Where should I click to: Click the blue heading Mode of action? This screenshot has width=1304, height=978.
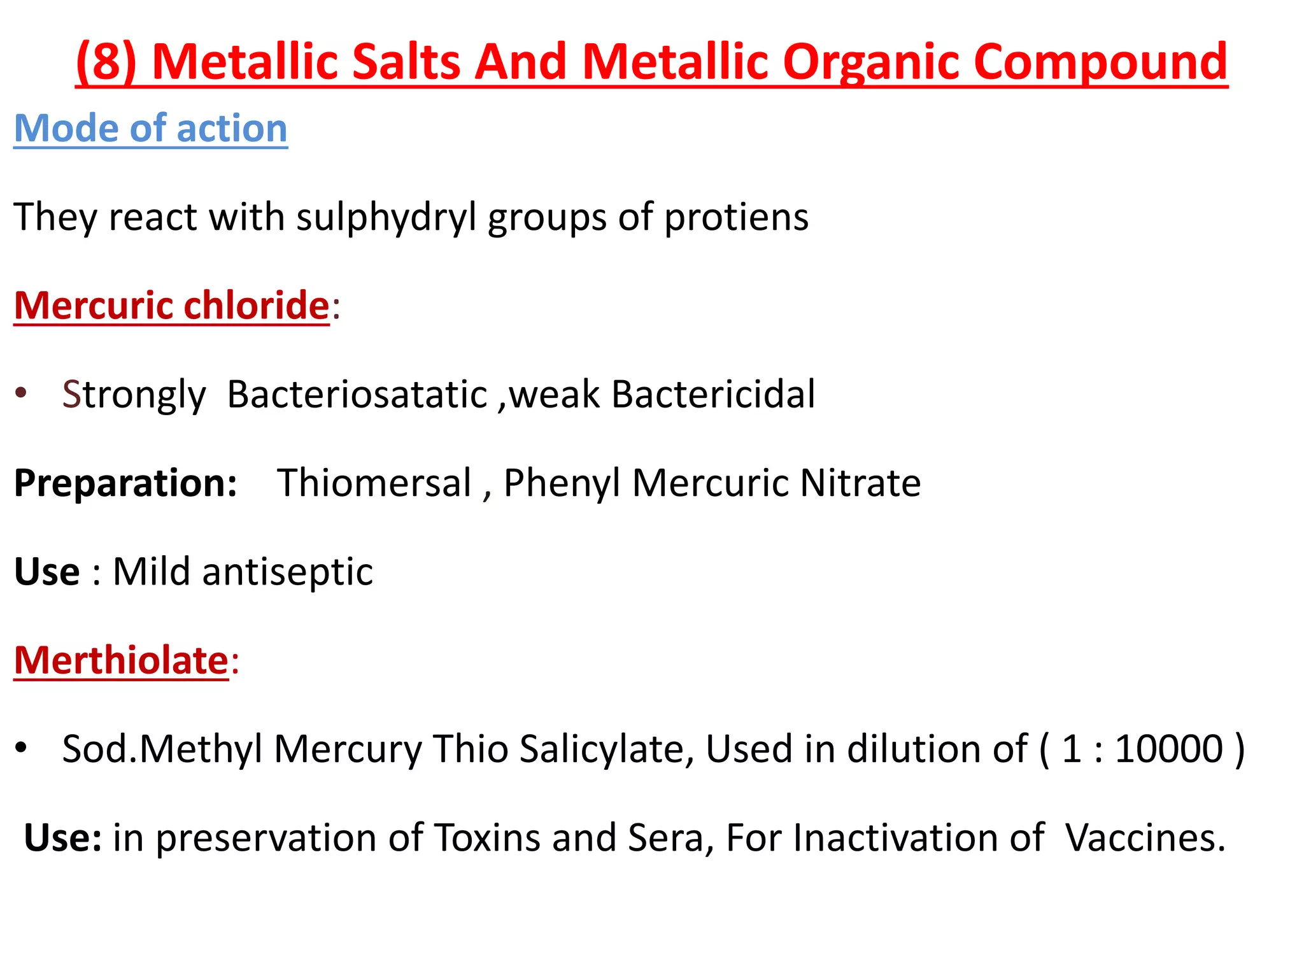151,129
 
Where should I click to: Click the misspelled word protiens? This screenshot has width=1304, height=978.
736,217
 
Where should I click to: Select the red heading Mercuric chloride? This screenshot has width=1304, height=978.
172,306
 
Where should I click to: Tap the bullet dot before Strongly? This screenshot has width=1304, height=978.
22,392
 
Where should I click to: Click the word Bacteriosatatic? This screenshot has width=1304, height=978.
357,394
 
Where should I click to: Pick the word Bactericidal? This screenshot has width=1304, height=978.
713,394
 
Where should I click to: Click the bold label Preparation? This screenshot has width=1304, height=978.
125,483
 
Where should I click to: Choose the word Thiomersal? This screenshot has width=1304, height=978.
374,483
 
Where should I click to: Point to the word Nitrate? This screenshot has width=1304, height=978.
860,483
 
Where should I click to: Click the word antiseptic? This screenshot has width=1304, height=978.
287,571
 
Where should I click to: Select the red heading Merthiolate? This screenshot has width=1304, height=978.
121,660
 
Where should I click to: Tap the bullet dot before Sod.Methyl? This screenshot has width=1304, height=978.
22,748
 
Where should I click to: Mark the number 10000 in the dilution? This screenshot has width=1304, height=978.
1169,749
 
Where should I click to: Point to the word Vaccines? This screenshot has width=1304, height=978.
1145,837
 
